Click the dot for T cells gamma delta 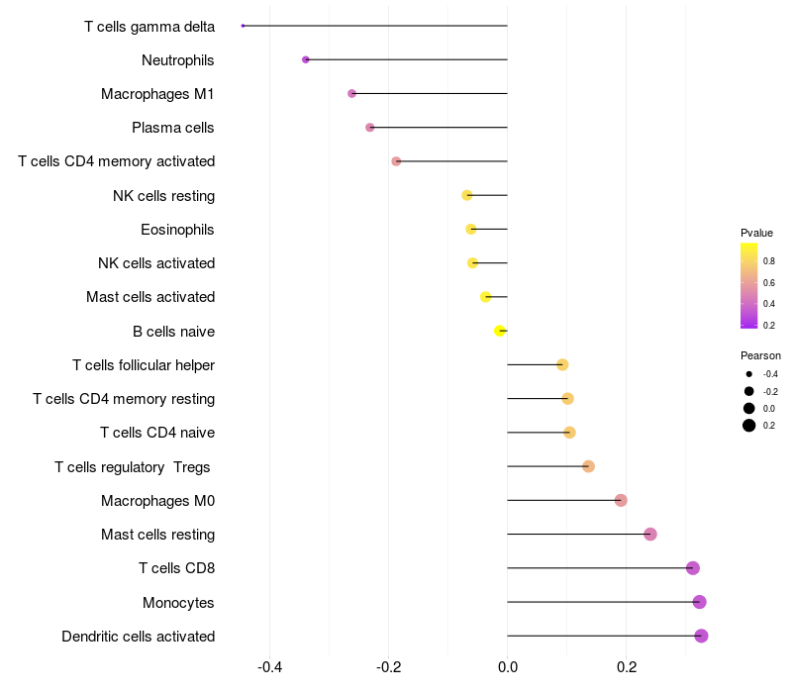coord(243,26)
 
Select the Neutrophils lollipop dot coord(306,59)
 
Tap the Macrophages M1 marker coord(352,93)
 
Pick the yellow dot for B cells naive coord(500,331)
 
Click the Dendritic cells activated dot coord(701,636)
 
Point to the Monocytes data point coord(700,602)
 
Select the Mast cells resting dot coord(650,534)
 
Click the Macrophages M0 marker coord(622,500)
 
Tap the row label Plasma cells coord(172,128)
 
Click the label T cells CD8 coord(177,568)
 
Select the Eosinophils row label coord(177,230)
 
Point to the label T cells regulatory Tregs coord(133,467)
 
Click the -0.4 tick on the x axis coord(269,667)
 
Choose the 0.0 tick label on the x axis coord(508,667)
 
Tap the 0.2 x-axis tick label coord(627,667)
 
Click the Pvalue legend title coord(756,233)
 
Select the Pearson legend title coord(760,355)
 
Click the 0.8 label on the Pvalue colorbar coord(769,261)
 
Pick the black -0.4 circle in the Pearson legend coord(749,374)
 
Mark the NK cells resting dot coord(467,195)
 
